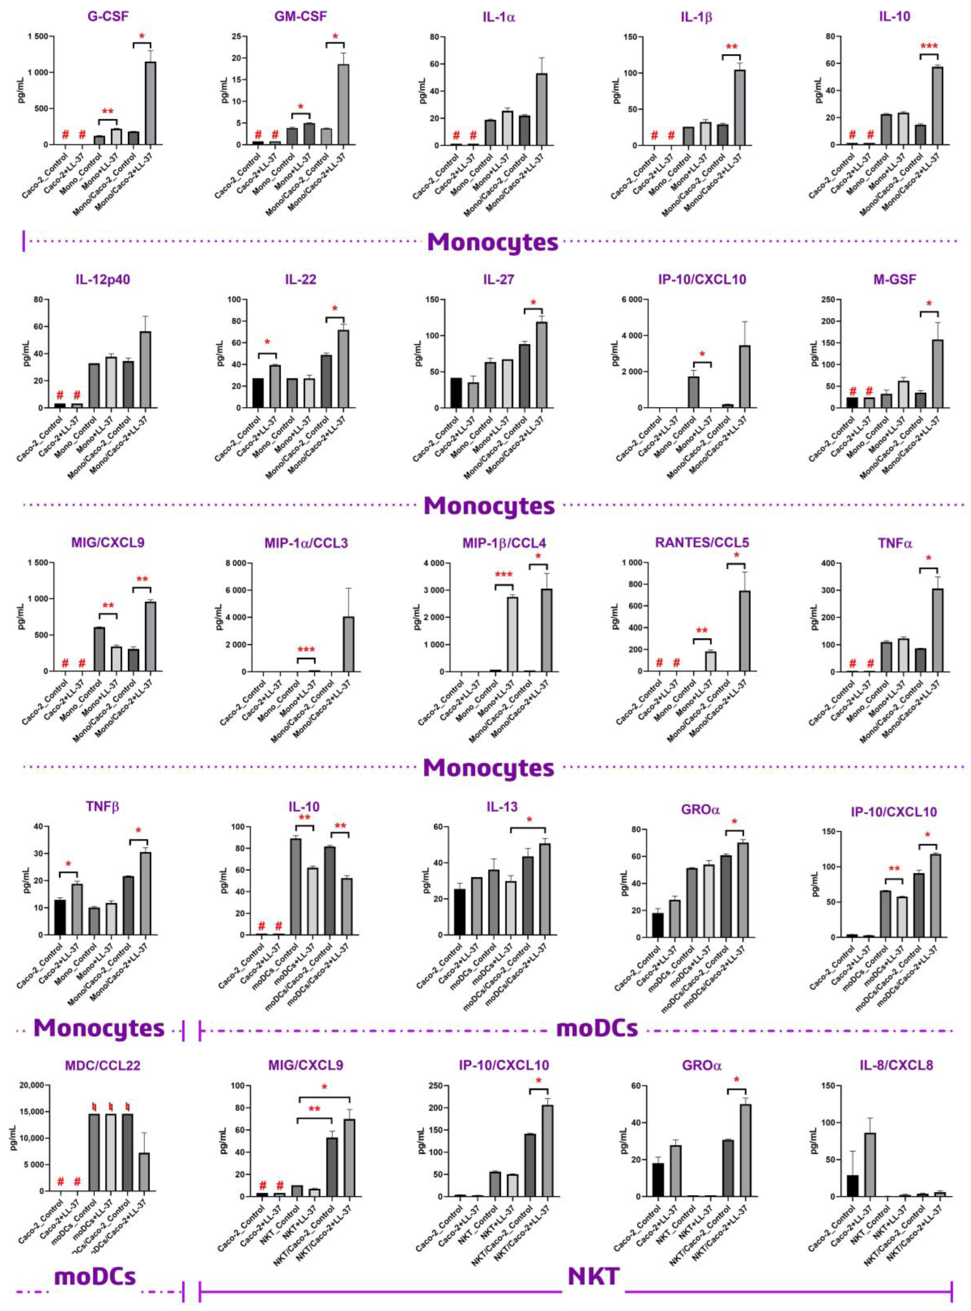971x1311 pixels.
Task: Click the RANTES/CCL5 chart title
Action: pos(702,542)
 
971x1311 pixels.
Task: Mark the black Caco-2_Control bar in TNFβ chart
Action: pos(60,917)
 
